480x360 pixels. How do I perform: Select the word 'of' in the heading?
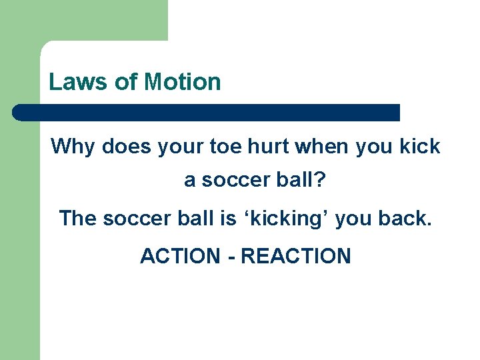pos(126,82)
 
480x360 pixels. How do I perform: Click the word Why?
pos(73,147)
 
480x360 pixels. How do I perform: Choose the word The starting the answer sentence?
pos(78,218)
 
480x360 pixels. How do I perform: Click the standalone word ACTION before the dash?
pos(180,256)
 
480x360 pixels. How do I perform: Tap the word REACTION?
pos(295,256)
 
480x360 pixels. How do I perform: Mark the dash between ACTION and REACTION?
pos(231,257)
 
